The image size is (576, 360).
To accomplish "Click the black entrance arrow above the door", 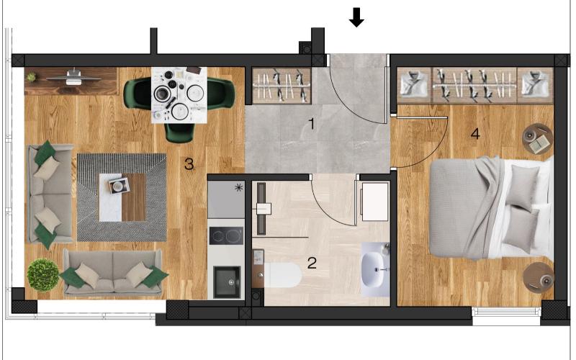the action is pyautogui.click(x=356, y=18).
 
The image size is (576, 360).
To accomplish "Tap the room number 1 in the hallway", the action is pyautogui.click(x=312, y=124).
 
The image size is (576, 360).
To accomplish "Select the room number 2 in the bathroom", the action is pyautogui.click(x=312, y=263).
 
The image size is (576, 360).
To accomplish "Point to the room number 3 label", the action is pyautogui.click(x=189, y=164).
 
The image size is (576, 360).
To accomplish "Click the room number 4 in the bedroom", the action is pyautogui.click(x=475, y=134).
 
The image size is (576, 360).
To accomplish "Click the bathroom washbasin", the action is pyautogui.click(x=375, y=269).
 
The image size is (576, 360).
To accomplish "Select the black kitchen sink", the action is pyautogui.click(x=228, y=282).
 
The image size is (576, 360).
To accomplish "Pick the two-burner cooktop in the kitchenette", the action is pyautogui.click(x=226, y=235).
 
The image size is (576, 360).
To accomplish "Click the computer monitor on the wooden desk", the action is pyautogui.click(x=73, y=77).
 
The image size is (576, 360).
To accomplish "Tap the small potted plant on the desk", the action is pyautogui.click(x=31, y=77).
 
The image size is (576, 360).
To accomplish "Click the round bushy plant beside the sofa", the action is pyautogui.click(x=43, y=275).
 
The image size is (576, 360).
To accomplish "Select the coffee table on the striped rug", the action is pyautogui.click(x=122, y=197).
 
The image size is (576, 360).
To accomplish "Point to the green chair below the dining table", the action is pyautogui.click(x=179, y=132).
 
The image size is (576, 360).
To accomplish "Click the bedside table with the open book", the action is pyautogui.click(x=537, y=138).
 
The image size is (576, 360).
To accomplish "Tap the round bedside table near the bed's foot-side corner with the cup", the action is pyautogui.click(x=539, y=277).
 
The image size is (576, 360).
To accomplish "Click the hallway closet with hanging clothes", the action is pyautogui.click(x=282, y=86).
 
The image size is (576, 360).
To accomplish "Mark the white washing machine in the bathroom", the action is pyautogui.click(x=374, y=202).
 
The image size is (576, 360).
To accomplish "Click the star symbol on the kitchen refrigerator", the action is pyautogui.click(x=239, y=188).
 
